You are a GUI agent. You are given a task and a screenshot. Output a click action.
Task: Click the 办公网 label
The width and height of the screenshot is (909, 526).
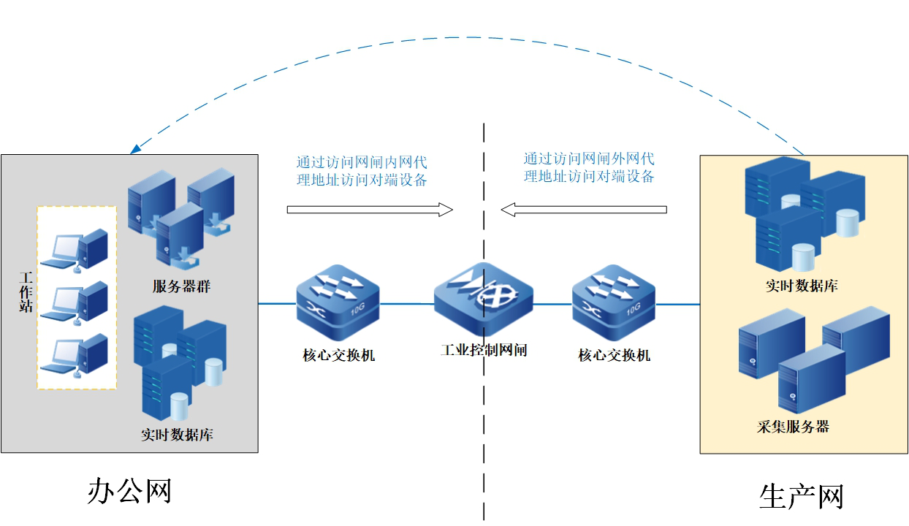[x=129, y=491]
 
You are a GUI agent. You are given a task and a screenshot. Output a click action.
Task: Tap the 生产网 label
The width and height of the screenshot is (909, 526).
[x=802, y=497]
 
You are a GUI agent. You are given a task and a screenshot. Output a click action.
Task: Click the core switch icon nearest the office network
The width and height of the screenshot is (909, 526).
[x=338, y=302]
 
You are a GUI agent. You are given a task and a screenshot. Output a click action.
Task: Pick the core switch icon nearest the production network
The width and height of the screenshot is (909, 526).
[x=614, y=302]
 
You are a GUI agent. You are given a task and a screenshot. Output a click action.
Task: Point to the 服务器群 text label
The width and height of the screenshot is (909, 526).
[x=181, y=287]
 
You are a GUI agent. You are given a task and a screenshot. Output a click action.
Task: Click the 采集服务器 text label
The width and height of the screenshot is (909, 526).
[x=794, y=427]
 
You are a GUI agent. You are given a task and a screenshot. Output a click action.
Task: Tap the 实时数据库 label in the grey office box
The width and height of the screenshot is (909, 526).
[x=177, y=435]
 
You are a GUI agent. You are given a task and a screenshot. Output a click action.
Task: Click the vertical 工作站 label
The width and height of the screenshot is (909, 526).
[x=26, y=292]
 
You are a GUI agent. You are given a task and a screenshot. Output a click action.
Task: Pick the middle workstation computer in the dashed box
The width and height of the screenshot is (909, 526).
[x=75, y=302]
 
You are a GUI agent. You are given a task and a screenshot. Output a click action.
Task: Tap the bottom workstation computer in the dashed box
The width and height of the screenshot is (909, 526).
[x=75, y=356]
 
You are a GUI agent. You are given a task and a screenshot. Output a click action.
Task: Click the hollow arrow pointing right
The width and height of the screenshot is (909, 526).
[x=370, y=210]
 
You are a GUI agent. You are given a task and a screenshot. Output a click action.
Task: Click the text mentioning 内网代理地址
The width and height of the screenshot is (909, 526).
[x=362, y=170]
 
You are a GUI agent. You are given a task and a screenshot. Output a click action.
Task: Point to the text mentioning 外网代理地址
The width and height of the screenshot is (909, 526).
[x=588, y=167]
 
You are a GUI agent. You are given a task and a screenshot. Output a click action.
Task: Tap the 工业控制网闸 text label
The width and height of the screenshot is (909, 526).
[x=483, y=351]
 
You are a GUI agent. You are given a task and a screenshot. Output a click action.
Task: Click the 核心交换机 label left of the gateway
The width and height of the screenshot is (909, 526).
[x=338, y=356]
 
